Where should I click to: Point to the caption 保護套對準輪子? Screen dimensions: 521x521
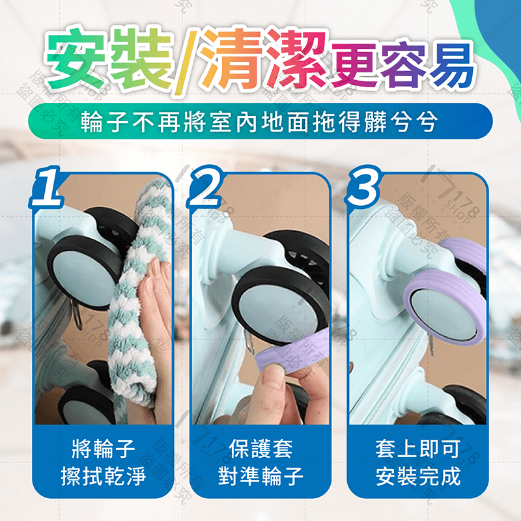point(260,462)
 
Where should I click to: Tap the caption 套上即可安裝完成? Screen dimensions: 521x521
point(417,462)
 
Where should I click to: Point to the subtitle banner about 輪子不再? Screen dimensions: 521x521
point(260,120)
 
